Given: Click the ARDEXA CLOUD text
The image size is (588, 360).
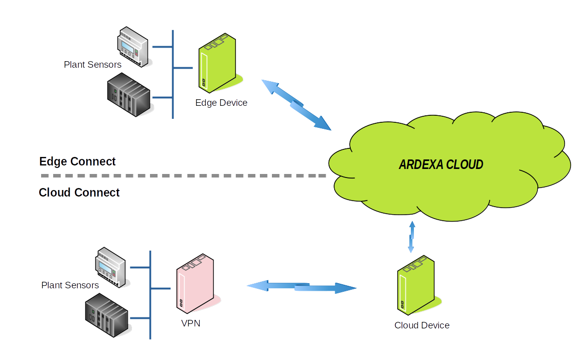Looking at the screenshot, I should pos(441,164).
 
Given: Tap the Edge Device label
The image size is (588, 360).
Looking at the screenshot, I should pos(221,103).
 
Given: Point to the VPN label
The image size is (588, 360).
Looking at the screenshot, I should pos(191,323).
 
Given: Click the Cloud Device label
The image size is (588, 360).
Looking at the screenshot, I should pos(422,325).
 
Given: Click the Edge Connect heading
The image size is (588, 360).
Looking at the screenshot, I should pos(77,161).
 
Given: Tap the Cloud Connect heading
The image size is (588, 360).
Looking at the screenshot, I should pos(79,193).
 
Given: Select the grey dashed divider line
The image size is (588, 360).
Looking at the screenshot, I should pos(183,176).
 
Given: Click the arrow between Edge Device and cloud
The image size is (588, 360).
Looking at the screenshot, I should pos(297,105).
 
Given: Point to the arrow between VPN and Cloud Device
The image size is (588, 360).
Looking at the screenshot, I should pos(302,287).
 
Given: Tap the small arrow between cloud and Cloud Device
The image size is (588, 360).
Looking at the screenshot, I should pos(411,237).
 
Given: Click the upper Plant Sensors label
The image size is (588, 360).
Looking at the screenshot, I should pos(92,65).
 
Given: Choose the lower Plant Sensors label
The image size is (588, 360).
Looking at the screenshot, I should pos(70,285).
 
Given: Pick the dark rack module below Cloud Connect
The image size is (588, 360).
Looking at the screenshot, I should pos(107,316).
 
